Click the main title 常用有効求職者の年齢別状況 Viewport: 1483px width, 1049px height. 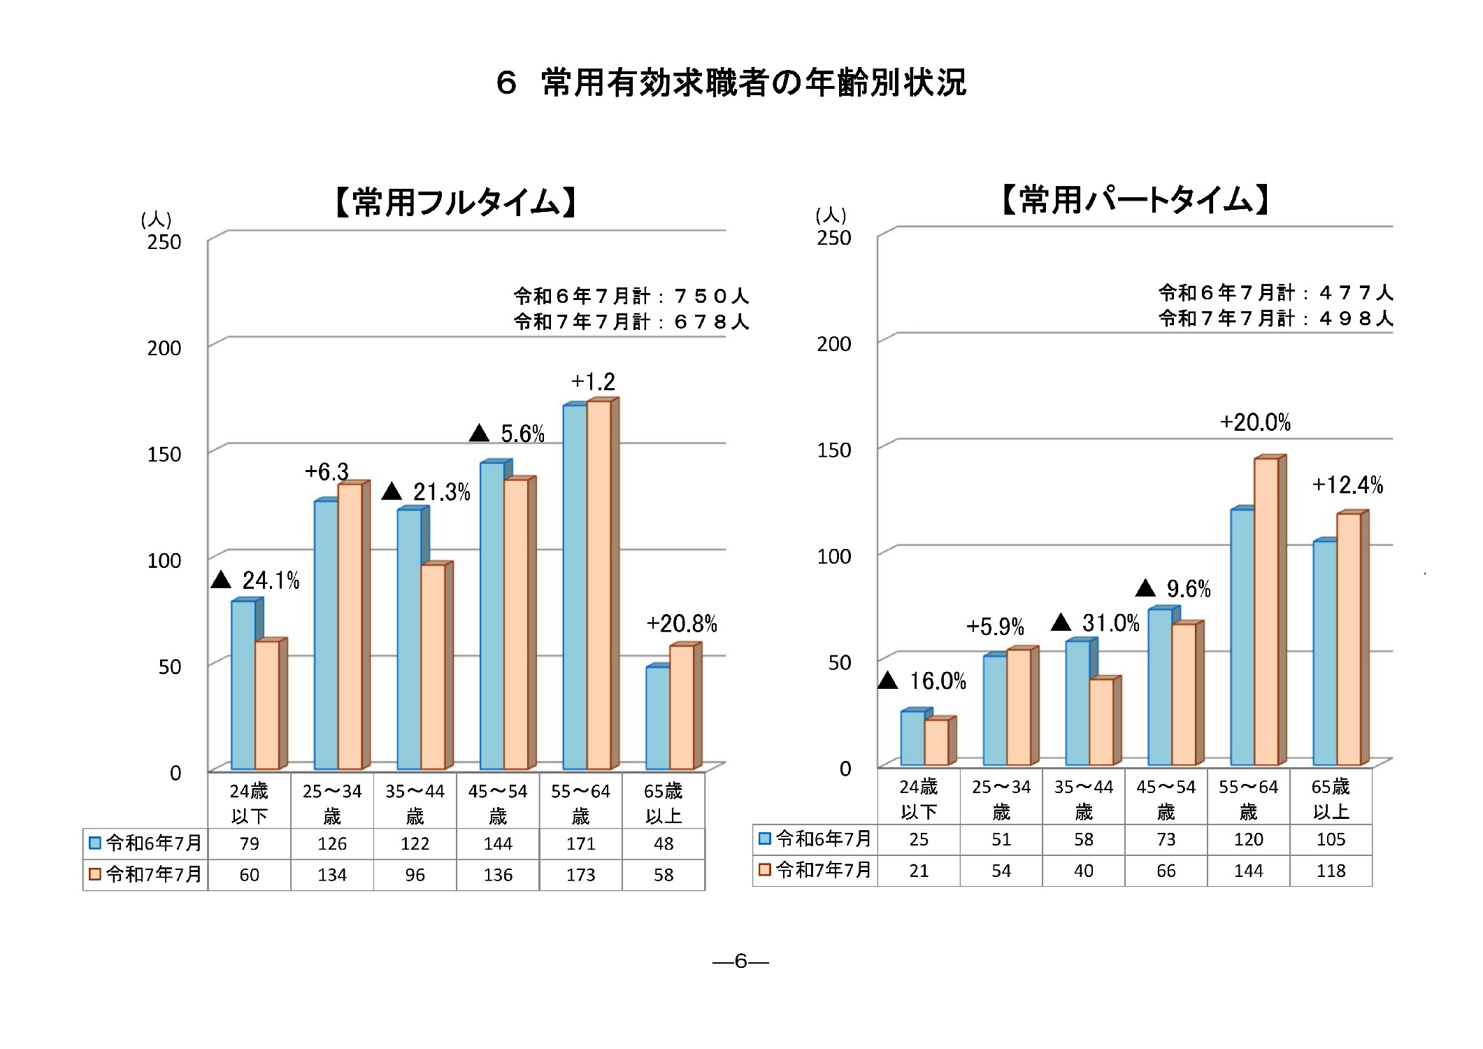731,83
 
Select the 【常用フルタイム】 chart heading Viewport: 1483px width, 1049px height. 455,203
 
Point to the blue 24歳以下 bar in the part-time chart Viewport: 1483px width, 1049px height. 912,738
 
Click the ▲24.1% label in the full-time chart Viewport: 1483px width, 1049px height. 256,580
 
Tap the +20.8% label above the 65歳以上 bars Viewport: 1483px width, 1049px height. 682,624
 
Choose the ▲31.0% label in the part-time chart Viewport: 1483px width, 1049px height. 1096,623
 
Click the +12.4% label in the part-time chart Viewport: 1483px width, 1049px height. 1347,485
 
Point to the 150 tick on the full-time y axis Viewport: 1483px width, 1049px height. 164,455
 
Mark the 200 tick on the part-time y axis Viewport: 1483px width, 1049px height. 834,344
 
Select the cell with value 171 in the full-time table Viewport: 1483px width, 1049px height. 580,844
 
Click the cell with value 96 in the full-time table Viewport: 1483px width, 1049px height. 415,875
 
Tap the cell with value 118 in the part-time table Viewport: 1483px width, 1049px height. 1331,871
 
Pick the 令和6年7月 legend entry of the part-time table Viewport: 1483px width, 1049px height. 815,839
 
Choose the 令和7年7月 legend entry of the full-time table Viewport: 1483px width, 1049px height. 145,875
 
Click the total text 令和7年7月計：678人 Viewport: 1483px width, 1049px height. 631,322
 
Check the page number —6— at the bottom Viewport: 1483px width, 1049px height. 740,962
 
